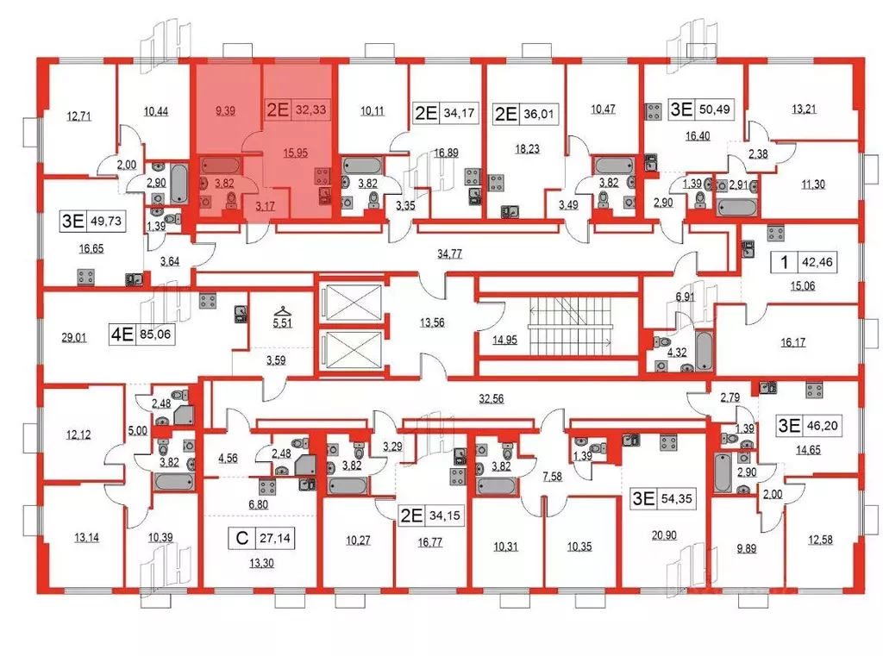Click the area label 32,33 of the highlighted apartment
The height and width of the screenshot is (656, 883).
[310, 109]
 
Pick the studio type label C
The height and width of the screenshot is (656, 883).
[244, 540]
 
